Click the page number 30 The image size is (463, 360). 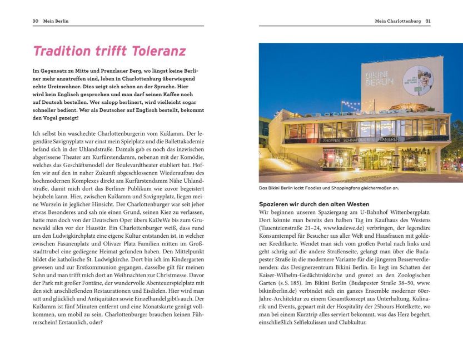click(x=35, y=21)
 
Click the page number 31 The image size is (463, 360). click(x=427, y=21)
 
